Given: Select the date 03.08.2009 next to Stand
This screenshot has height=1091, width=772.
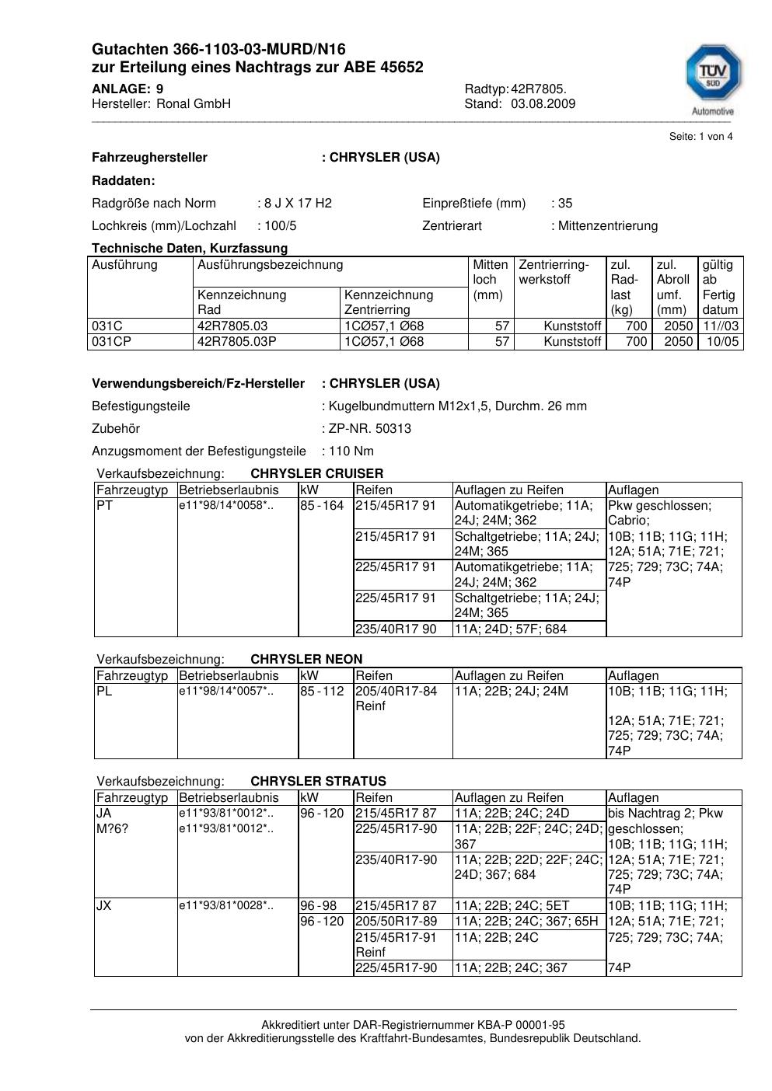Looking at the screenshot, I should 543,104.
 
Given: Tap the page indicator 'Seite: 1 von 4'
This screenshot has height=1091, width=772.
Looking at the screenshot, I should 700,137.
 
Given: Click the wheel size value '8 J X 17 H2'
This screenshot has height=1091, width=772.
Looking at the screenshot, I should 298,204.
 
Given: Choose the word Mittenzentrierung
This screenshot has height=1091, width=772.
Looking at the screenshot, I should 607,226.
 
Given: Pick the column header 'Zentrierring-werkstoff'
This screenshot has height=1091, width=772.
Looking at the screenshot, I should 554,272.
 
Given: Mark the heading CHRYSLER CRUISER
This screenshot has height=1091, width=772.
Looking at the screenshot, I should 316,474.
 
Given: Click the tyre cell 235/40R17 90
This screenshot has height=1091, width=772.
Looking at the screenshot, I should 396,629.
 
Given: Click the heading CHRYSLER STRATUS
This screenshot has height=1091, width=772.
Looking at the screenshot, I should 318,782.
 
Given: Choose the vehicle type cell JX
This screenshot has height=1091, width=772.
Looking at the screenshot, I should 103,906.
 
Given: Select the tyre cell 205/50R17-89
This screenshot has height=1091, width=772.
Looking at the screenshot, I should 396,922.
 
